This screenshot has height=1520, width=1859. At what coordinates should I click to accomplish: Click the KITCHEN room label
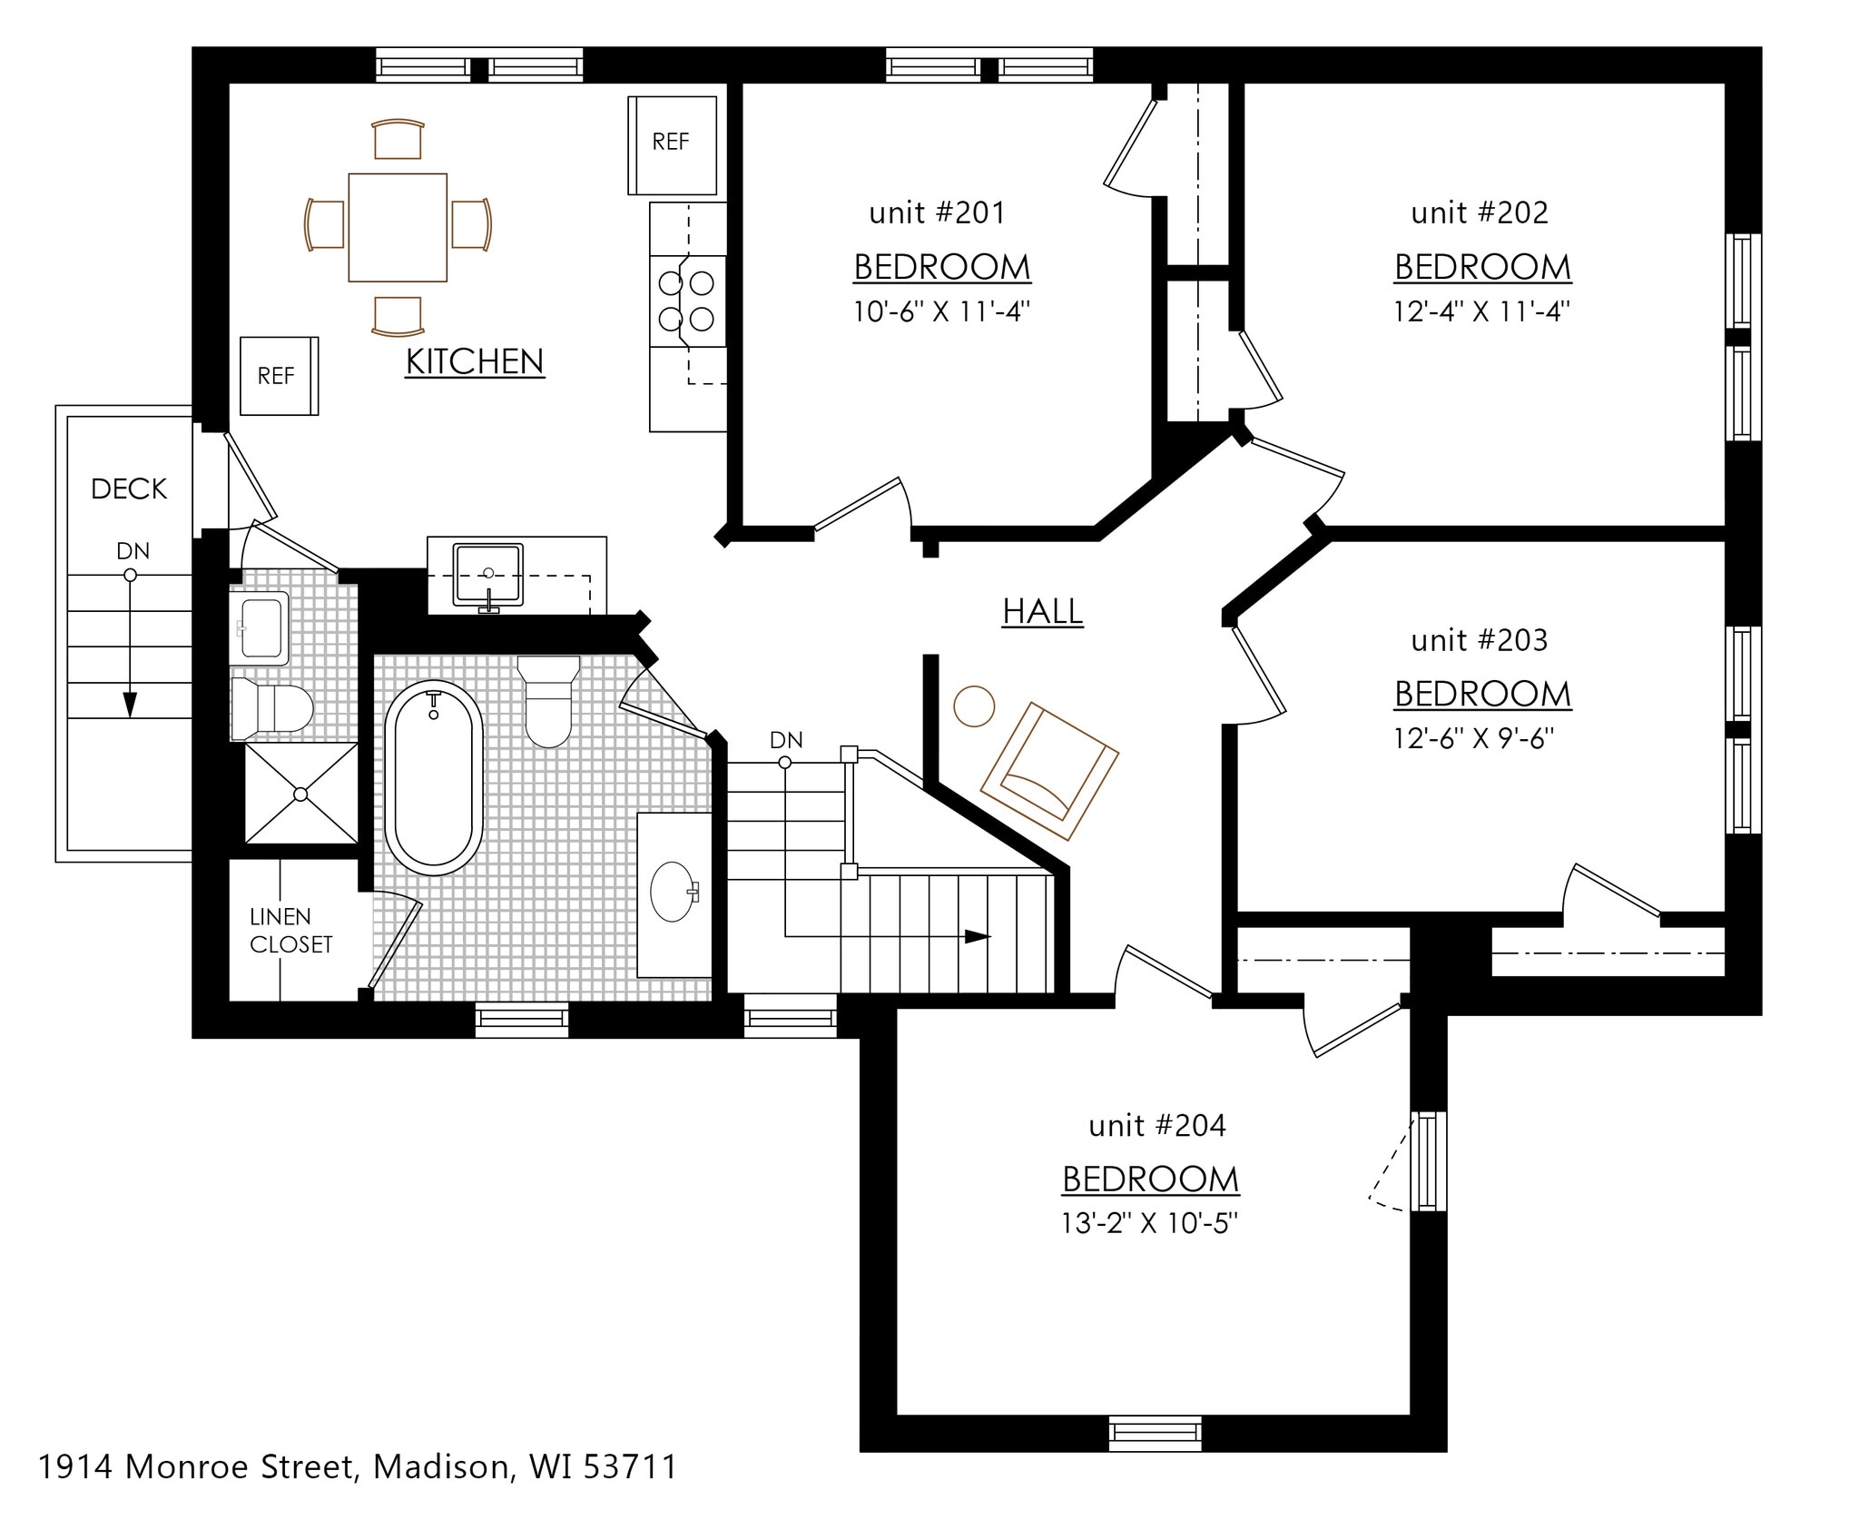click(x=475, y=361)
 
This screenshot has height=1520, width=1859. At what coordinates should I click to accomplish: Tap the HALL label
click(x=1043, y=611)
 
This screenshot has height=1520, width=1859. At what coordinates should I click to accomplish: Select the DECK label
click(x=129, y=489)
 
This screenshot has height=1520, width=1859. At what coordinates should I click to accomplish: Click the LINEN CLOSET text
click(x=290, y=931)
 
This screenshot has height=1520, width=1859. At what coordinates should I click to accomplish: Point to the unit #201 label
click(x=938, y=213)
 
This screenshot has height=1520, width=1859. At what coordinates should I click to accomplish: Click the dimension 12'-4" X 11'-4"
click(x=1482, y=311)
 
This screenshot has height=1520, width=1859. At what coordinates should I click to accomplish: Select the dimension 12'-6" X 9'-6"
click(x=1474, y=738)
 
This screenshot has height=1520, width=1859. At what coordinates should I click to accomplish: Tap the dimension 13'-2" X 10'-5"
click(x=1150, y=1223)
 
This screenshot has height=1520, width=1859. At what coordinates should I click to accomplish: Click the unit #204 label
click(x=1157, y=1126)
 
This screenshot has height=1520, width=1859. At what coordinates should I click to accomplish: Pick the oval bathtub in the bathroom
click(x=435, y=777)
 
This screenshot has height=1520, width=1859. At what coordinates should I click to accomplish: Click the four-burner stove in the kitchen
click(x=688, y=301)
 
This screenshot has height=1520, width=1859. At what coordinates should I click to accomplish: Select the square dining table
click(x=398, y=227)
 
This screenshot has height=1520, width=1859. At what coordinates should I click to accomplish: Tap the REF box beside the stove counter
click(x=673, y=145)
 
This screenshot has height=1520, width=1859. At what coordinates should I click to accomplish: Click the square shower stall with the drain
click(x=301, y=795)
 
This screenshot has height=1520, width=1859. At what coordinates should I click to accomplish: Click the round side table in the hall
click(x=973, y=706)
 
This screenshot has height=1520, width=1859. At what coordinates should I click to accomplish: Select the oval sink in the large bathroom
click(x=674, y=892)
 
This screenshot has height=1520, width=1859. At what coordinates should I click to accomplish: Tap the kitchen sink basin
click(x=488, y=574)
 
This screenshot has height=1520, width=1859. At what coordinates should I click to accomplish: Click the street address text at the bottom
click(x=358, y=1466)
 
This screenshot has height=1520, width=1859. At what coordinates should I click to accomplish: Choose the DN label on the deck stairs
click(x=133, y=551)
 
